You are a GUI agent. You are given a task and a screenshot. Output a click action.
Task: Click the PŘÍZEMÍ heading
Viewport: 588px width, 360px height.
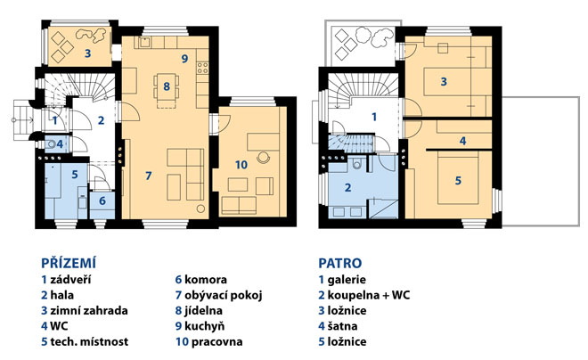69,263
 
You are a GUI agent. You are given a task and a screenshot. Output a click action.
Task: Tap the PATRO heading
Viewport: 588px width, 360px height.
340,263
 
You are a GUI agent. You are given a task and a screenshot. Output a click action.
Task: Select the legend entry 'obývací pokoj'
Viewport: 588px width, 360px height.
223,295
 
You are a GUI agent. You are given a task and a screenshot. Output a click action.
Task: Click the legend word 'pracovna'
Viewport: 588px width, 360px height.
217,341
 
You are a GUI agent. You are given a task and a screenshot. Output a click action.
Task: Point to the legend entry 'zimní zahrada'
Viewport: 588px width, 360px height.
89,310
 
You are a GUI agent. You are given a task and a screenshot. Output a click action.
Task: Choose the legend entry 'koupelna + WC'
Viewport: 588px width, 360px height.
369,295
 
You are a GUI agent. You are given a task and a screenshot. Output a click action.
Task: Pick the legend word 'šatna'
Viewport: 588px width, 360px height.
342,326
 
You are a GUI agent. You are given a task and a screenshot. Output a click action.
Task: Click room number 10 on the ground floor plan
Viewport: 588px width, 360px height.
241,165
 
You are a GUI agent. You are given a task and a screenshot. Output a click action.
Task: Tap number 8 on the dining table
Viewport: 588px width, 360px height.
167,86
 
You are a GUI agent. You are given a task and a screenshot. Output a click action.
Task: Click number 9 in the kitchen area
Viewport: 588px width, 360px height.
184,59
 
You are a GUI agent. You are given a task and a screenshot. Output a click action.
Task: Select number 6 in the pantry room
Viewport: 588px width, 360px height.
102,200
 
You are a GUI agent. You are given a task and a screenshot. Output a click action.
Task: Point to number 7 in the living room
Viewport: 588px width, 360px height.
149,176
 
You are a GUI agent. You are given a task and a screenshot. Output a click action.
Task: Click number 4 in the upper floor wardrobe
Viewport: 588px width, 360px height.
462,141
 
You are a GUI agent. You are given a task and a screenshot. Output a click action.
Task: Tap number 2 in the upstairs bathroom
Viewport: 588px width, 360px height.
348,187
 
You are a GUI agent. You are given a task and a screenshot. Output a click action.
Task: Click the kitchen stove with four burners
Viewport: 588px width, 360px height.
202,68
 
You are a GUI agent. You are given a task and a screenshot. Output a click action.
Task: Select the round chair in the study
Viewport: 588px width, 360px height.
264,157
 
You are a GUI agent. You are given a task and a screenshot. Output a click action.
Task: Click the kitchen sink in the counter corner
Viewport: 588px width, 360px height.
144,42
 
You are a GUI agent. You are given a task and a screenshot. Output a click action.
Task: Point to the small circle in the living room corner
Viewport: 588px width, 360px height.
201,209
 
